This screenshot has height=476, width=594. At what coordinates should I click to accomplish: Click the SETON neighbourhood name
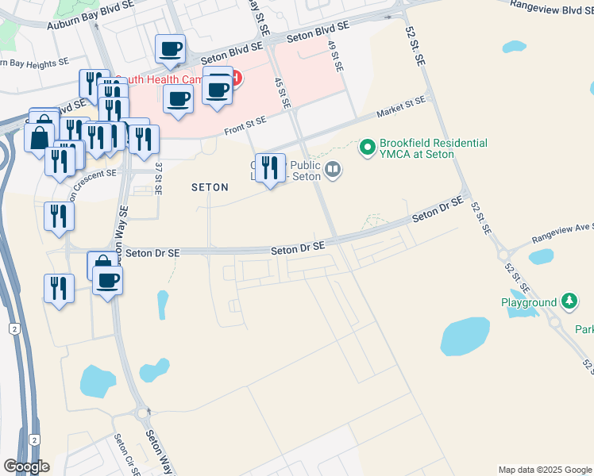click(210, 188)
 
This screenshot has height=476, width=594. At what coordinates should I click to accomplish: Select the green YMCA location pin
click(367, 147)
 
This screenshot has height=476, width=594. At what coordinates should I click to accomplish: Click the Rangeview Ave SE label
click(561, 235)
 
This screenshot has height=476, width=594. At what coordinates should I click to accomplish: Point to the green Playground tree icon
click(569, 301)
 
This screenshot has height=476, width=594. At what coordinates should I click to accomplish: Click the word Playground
click(529, 302)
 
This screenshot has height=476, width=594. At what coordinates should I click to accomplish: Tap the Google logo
click(26, 466)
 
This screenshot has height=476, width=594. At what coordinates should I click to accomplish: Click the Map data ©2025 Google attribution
click(544, 469)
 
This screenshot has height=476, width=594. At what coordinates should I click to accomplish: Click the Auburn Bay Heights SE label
click(35, 62)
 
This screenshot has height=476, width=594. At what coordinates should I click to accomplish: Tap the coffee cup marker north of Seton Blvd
click(171, 49)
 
